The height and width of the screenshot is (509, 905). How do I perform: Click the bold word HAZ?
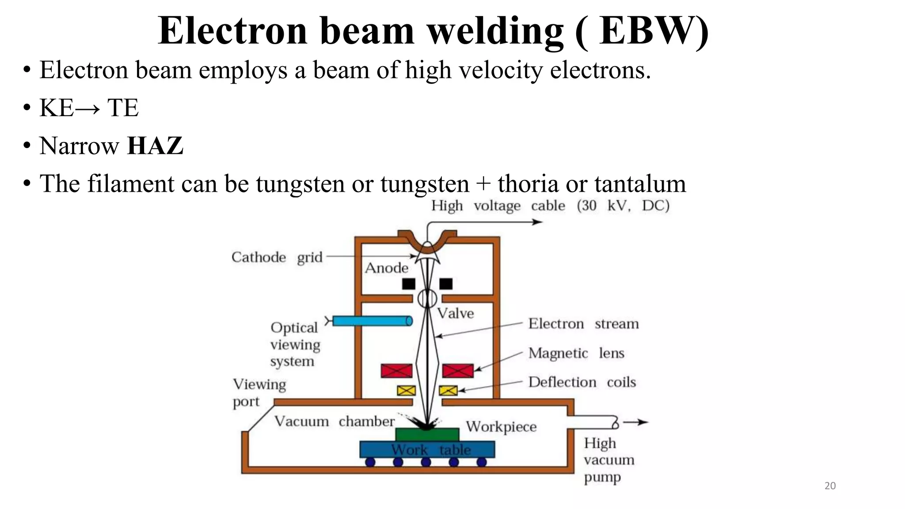coord(155,146)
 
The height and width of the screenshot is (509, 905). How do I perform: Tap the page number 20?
coord(830,486)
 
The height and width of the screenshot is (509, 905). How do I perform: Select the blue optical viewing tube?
coord(372,321)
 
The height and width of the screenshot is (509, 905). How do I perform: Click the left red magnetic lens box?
coord(396,371)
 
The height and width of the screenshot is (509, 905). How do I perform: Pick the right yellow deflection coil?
coord(448,390)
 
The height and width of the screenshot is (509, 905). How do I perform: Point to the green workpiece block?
coord(427,434)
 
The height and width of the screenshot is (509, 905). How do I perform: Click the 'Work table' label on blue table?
coord(430,450)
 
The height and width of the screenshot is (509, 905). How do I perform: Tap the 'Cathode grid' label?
coord(277,257)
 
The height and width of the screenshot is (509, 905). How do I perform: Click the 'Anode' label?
coord(386,268)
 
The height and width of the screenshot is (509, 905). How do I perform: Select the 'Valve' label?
coord(456,314)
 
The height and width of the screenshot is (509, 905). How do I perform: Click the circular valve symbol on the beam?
coord(427,298)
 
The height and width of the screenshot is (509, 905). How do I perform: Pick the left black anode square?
coord(408,284)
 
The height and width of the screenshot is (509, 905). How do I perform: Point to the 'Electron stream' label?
coord(583,324)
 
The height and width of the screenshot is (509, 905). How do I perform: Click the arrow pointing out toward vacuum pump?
coord(636,422)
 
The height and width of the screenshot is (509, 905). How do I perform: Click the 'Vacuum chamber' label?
coord(334,421)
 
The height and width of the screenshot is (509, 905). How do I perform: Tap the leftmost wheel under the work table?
coord(370,462)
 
